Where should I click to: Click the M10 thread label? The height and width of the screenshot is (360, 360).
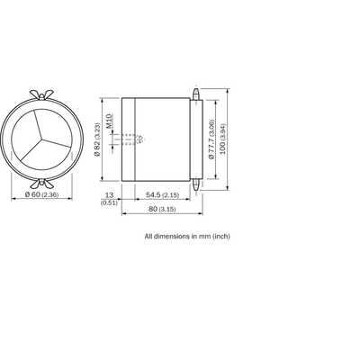click(109, 121)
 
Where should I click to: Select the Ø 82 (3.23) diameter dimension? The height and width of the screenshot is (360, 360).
click(97, 139)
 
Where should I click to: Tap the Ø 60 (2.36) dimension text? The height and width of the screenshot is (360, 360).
click(42, 194)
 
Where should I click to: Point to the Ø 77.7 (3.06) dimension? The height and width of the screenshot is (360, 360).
click(211, 139)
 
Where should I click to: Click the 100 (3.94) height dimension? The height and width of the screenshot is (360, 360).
click(222, 139)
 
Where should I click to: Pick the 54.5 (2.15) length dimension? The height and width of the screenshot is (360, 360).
click(162, 195)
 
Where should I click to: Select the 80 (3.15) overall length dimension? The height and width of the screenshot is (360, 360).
click(162, 209)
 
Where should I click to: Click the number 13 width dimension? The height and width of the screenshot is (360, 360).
click(109, 195)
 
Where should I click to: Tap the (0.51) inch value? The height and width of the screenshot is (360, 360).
click(109, 202)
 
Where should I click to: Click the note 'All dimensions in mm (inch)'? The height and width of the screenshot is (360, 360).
click(187, 237)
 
